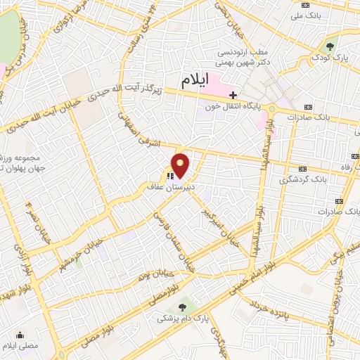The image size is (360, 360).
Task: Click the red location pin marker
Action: pyautogui.click(x=181, y=166)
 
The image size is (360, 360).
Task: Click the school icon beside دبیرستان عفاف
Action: pyautogui.click(x=169, y=176)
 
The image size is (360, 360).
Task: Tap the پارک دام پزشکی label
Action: pyautogui.click(x=184, y=319)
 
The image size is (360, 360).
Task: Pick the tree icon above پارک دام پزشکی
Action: pyautogui.click(x=184, y=307)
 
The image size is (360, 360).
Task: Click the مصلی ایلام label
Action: pyautogui.click(x=18, y=347)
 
